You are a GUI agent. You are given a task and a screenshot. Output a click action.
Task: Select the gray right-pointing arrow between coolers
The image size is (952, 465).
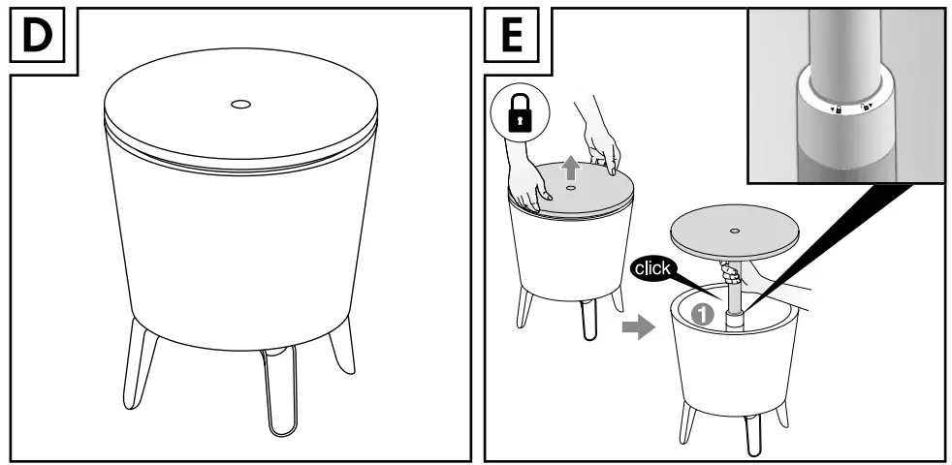(637, 328)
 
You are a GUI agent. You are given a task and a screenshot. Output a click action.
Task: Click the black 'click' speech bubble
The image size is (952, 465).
(652, 268)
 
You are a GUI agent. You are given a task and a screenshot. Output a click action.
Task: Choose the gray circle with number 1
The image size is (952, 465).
(704, 315)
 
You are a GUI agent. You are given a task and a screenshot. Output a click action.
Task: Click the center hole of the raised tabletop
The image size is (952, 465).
(736, 231)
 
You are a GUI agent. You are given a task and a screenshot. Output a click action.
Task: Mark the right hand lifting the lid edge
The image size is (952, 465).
(608, 145)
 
